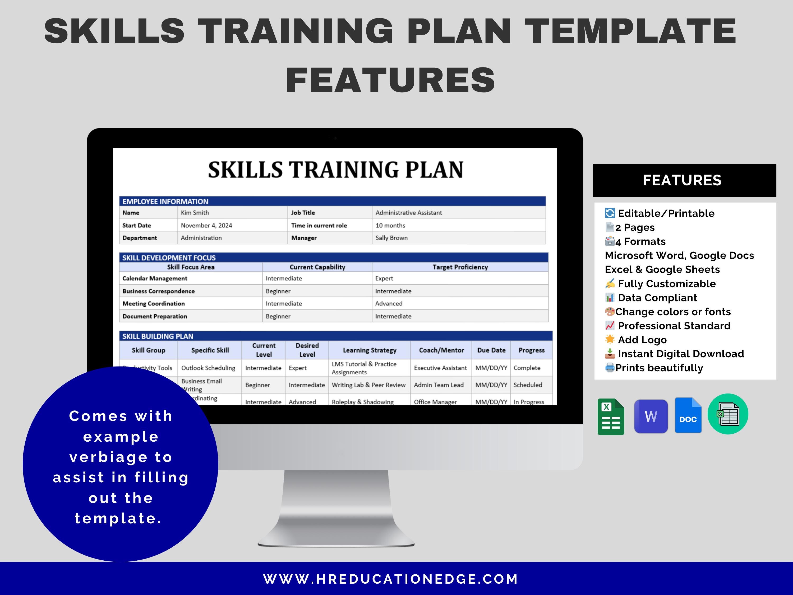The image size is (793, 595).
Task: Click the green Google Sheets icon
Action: click(x=611, y=417)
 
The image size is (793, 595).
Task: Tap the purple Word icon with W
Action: click(x=651, y=416)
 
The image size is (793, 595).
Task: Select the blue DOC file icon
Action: click(x=688, y=415)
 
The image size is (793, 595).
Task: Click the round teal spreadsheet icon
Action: click(x=728, y=414)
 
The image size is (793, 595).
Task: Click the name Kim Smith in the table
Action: click(x=195, y=213)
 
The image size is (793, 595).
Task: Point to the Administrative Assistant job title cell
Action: click(x=409, y=213)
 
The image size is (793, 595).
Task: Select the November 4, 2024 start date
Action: click(x=206, y=225)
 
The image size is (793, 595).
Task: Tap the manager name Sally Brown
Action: click(x=391, y=238)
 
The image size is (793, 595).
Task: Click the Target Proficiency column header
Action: click(x=460, y=267)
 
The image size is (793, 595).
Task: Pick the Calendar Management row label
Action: click(x=155, y=278)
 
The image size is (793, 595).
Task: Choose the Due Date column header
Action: click(x=491, y=350)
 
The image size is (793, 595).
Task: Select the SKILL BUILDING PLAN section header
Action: click(x=158, y=336)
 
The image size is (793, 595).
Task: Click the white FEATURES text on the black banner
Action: click(x=682, y=180)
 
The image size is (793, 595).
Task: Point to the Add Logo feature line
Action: click(x=636, y=340)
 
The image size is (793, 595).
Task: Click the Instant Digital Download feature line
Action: click(x=674, y=354)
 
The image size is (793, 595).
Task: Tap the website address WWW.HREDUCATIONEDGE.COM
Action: click(x=390, y=579)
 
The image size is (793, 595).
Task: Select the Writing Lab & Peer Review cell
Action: click(x=368, y=385)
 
